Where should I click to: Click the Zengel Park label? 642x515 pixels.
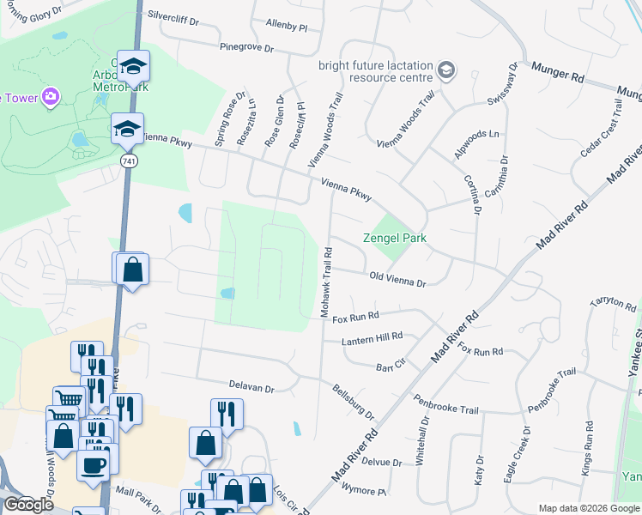394,238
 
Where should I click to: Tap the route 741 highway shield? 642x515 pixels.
129,161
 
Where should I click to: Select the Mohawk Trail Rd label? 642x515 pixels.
327,284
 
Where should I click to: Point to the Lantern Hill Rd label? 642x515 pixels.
372,341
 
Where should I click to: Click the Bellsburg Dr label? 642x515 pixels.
354,401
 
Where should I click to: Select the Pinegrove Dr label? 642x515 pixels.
246,47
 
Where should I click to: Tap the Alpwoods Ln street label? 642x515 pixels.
476,134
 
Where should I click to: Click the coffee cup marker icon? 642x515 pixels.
94,465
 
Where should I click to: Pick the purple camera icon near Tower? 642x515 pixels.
51,96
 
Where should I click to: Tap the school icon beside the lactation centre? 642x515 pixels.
445,70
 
